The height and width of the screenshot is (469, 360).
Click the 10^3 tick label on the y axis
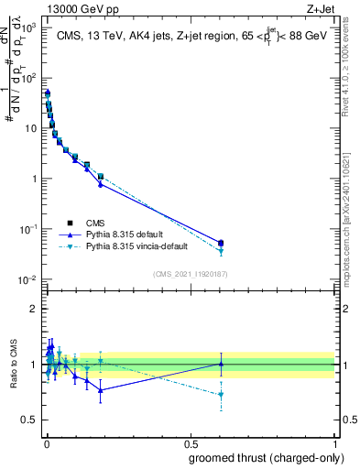pyautogui.click(x=29, y=28)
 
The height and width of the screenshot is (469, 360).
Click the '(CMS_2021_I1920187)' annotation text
pyautogui.click(x=190, y=274)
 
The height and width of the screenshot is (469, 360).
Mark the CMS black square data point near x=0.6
pyautogui.click(x=221, y=242)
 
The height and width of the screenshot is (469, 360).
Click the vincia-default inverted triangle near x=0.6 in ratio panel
pyautogui.click(x=221, y=395)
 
